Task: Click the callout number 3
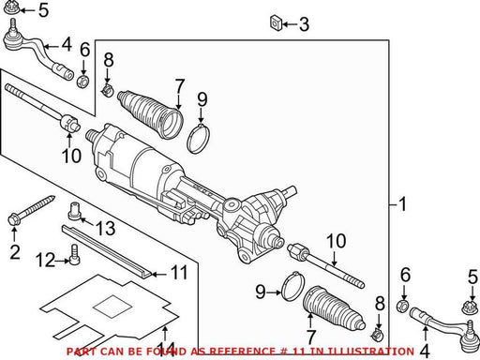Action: point(304,24)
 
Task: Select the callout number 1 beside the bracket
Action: point(403,204)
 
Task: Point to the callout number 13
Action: point(106,228)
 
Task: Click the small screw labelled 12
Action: point(74,254)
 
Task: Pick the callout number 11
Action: point(179,273)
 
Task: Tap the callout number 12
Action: point(45,260)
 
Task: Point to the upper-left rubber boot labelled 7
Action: point(150,114)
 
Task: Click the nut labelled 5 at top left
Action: point(12,8)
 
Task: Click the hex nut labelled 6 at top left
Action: point(83,82)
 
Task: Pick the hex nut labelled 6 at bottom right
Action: point(402,306)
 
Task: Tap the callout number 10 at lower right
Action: point(336,241)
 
